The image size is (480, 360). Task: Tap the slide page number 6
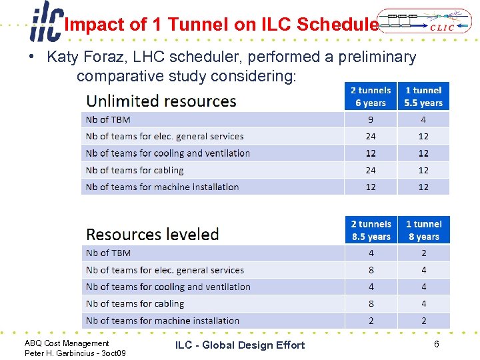tap(436, 344)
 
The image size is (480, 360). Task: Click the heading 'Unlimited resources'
tap(161, 101)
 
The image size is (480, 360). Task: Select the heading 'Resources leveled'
tap(153, 235)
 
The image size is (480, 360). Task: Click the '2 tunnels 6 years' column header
tap(371, 97)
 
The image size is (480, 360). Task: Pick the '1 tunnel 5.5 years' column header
tap(423, 97)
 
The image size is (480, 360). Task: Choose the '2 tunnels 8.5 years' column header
tap(371, 230)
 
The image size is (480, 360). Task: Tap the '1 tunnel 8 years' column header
tap(423, 230)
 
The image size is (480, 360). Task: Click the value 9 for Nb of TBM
tap(371, 120)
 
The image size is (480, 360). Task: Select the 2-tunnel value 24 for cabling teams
tap(371, 170)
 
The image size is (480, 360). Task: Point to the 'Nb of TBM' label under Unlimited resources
tap(108, 120)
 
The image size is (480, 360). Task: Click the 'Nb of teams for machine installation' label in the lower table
tap(163, 321)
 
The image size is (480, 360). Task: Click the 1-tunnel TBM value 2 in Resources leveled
tap(424, 253)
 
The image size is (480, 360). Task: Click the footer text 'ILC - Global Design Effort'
tap(240, 345)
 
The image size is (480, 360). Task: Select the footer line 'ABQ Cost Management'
tap(67, 343)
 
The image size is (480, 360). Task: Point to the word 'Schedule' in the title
tap(337, 25)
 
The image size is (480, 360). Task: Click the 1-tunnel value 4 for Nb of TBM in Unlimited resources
tap(423, 120)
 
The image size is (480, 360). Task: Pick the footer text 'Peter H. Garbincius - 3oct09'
tap(75, 353)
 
